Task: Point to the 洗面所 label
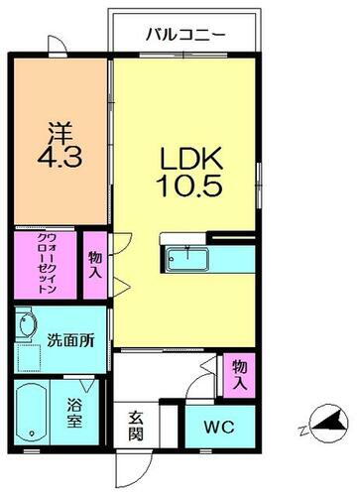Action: [x=70, y=338]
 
